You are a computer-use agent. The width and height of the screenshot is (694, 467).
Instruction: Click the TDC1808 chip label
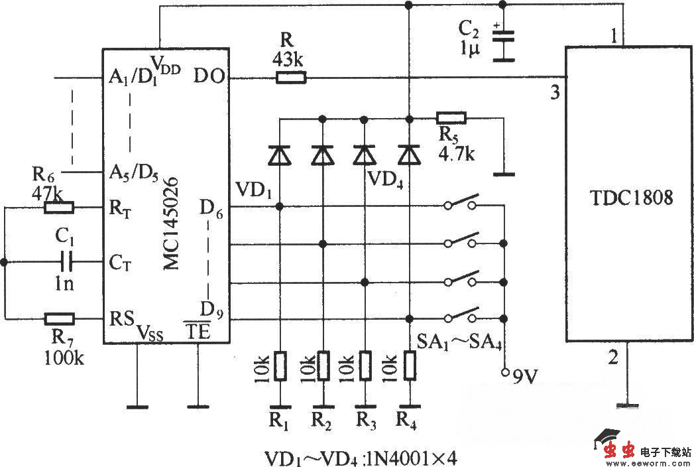click(x=630, y=197)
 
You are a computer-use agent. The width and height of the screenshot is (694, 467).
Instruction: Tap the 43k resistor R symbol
click(x=291, y=78)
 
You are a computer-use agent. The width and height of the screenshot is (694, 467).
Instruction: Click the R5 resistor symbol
click(x=451, y=119)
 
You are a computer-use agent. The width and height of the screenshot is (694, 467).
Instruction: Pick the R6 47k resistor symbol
click(x=59, y=208)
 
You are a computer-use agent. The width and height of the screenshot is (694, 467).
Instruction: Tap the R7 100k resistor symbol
click(x=59, y=318)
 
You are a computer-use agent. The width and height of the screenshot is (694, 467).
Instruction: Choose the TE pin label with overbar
click(x=197, y=332)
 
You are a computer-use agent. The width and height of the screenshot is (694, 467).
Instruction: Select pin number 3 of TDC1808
click(x=555, y=94)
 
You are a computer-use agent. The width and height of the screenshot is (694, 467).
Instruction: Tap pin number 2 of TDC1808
click(x=613, y=358)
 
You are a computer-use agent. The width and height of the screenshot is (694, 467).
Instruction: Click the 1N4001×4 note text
click(x=411, y=457)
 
